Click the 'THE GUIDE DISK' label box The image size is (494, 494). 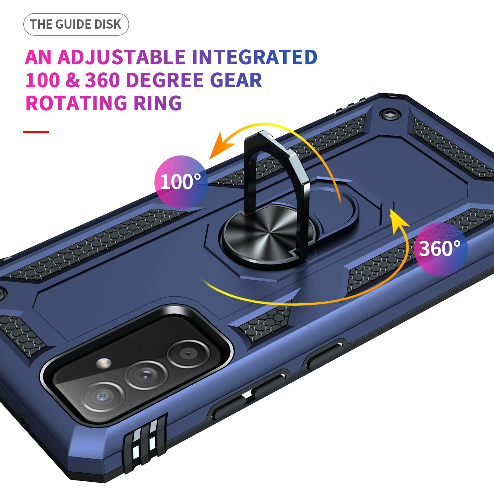coord(76,24)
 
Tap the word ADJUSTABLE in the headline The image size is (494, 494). coord(122,57)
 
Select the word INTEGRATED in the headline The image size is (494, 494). coord(255,57)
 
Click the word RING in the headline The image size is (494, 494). coord(157,103)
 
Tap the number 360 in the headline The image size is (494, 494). coord(102,80)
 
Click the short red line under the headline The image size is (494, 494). coord(36,132)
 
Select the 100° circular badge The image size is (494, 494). coord(181,182)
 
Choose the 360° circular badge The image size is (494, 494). coord(441,249)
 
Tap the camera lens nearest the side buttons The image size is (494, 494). coord(188,354)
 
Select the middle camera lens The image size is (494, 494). coord(146,375)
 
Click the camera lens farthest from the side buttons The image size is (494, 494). coord(102,397)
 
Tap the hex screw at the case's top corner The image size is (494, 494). coord(390,114)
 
